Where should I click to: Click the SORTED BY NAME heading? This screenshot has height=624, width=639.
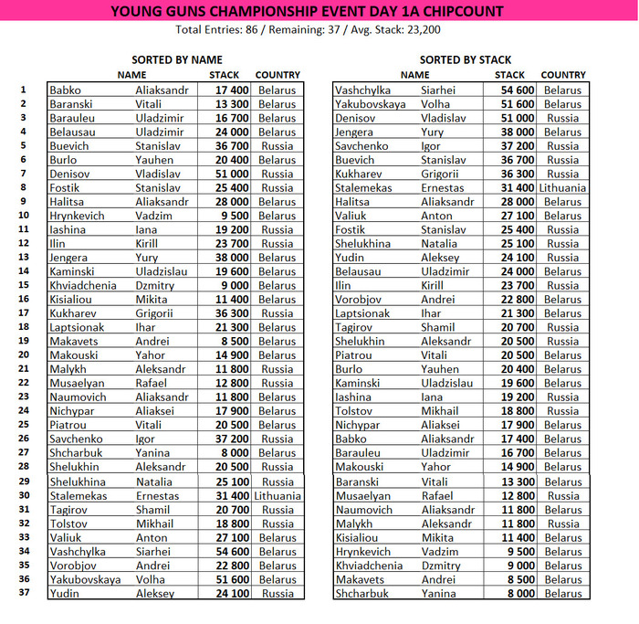177,60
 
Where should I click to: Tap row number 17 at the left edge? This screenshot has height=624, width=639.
24,312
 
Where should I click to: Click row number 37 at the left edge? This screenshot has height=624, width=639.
24,592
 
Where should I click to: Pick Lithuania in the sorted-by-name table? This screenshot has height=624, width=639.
278,496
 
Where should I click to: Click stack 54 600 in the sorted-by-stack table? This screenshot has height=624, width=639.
517,90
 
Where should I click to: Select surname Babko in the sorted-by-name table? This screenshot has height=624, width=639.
65,90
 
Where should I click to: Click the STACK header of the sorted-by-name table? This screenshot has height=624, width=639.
224,75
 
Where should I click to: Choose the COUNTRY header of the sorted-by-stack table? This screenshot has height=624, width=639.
563,75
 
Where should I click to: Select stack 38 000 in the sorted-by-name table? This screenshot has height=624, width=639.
232,258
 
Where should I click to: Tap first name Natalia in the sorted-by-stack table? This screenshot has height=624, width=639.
439,244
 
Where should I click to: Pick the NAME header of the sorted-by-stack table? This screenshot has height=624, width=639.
415,75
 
